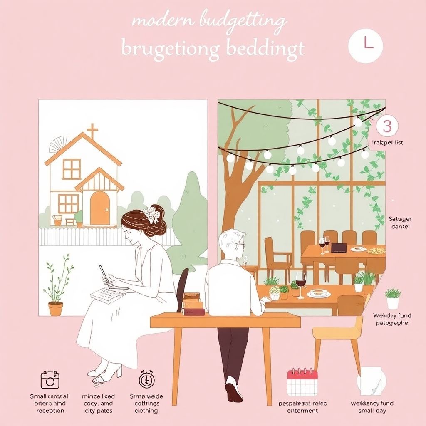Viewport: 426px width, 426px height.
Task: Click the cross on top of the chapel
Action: pos(92,131)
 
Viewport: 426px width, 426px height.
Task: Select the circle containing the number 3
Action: pos(387,126)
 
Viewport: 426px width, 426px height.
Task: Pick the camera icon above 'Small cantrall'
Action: pos(50,380)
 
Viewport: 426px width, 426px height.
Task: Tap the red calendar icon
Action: pos(302,382)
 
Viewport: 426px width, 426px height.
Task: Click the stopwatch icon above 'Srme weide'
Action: pos(146,379)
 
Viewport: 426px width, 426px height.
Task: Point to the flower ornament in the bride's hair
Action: pos(151,215)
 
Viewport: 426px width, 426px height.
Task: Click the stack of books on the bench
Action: pos(193,304)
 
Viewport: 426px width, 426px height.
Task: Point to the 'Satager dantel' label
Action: pos(399,223)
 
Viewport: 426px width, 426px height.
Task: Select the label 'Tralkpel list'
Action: pos(386,143)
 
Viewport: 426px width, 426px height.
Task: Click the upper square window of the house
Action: pos(72,169)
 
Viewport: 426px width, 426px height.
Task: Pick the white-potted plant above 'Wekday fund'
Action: pos(393,298)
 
